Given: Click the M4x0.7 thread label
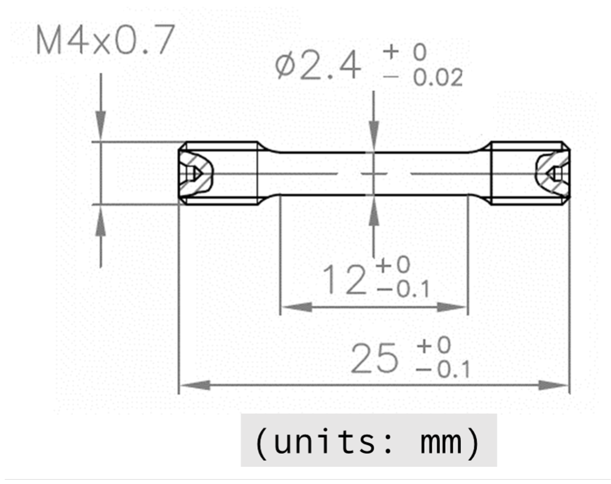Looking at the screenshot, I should tap(105, 40).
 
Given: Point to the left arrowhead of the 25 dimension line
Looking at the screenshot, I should tap(195, 385).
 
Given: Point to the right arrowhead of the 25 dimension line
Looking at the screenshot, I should tap(554, 385).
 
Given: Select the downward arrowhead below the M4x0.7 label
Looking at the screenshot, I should tap(100, 125).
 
